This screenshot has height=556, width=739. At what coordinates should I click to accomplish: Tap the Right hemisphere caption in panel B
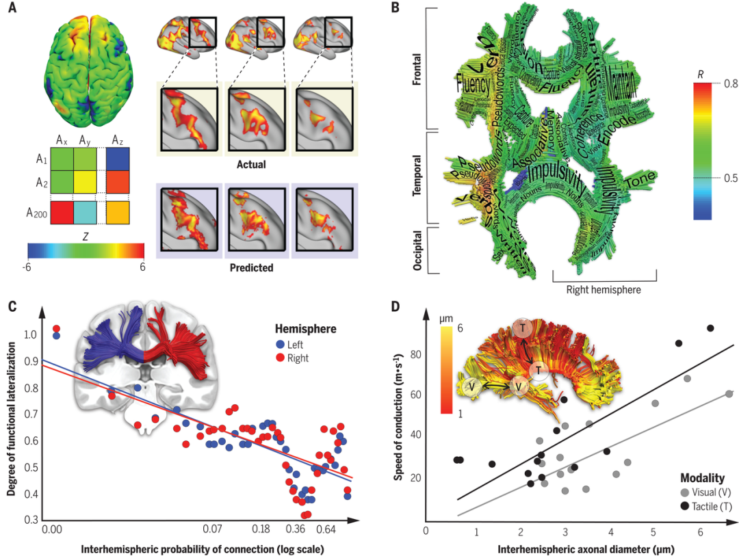(x=604, y=289)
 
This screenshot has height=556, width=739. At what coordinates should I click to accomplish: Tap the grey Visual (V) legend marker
(x=685, y=492)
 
